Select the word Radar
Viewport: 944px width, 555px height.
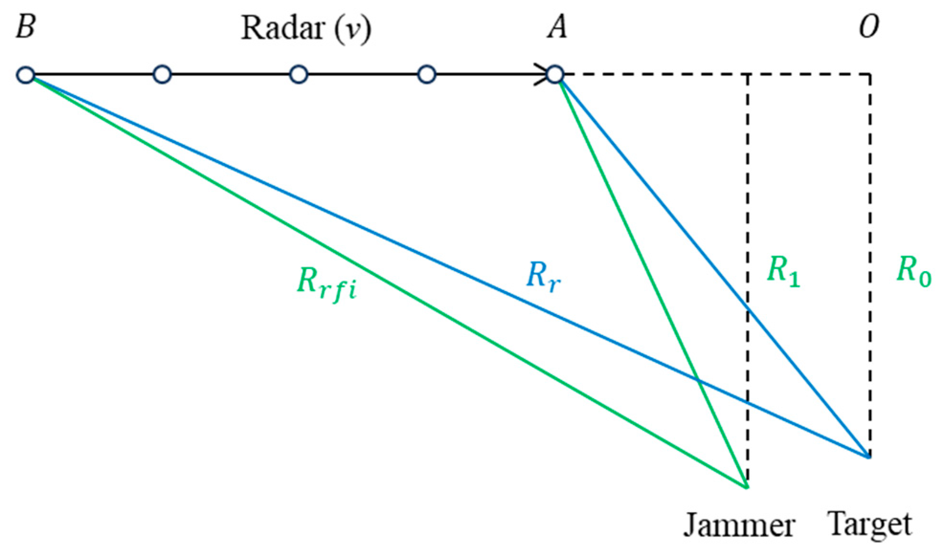point(283,28)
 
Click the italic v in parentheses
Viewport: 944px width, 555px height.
point(353,29)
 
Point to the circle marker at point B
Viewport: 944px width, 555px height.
point(26,75)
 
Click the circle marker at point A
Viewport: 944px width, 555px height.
point(555,75)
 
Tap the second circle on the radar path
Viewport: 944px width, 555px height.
point(162,75)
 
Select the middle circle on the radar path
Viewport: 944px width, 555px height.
point(299,75)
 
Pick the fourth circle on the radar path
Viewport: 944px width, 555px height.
point(427,75)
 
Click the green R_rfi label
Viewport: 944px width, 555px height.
point(327,284)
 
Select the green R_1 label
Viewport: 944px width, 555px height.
point(783,271)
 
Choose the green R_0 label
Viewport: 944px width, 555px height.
point(913,271)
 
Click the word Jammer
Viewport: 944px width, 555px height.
point(739,526)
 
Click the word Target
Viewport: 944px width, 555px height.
point(869,525)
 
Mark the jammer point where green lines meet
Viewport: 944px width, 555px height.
point(746,487)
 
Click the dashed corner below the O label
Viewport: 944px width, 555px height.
point(870,75)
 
